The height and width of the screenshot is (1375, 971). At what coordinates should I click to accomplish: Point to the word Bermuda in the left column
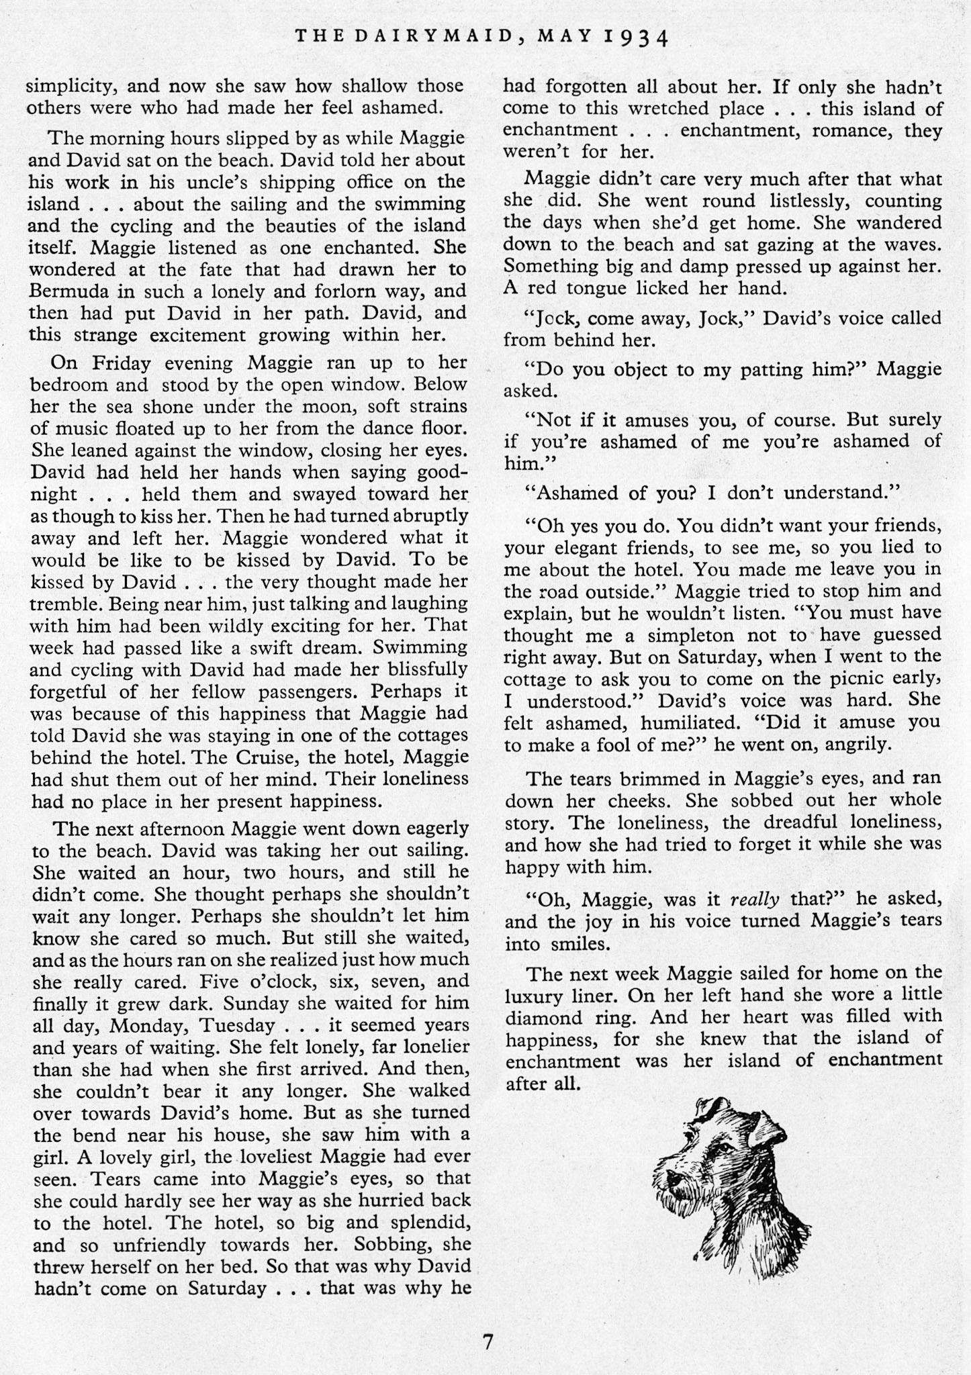[x=69, y=291]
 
